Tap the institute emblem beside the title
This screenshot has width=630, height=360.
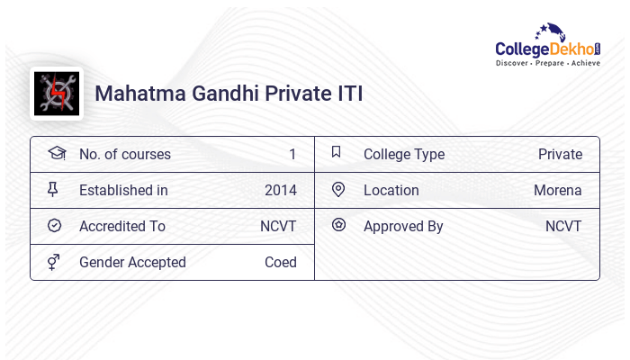(x=57, y=94)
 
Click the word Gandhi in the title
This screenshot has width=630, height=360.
(x=216, y=94)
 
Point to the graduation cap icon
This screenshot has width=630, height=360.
(x=56, y=153)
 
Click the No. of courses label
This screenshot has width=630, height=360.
(x=124, y=154)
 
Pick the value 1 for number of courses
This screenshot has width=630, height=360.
(x=292, y=154)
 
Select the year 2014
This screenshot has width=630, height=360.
(x=280, y=190)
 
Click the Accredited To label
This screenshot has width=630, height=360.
(x=121, y=226)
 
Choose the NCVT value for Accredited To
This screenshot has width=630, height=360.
(x=278, y=226)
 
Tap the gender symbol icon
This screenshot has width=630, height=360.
(x=55, y=262)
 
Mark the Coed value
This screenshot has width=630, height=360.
(x=280, y=262)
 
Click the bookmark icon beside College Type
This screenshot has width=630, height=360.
(x=336, y=152)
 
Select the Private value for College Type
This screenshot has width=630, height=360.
(x=560, y=154)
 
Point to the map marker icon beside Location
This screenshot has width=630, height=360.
(x=338, y=189)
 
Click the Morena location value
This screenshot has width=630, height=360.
(x=557, y=190)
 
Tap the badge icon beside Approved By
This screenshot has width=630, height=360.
(x=338, y=225)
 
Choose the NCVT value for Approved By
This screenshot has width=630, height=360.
(x=563, y=226)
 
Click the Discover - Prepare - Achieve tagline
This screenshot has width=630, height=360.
(x=548, y=65)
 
